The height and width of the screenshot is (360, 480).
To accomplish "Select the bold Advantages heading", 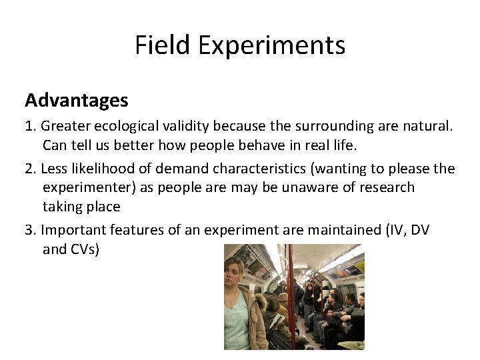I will (77, 100).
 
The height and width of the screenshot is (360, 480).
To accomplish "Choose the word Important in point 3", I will (74, 230).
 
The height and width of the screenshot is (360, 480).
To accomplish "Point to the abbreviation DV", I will (420, 230).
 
